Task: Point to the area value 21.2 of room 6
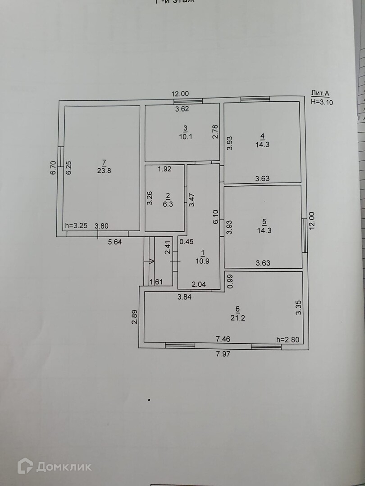point(237,316)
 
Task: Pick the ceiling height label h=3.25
point(75,226)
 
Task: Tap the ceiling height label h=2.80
point(287,340)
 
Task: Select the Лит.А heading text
point(320,94)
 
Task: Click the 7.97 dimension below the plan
point(224,354)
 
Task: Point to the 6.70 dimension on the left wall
point(53,168)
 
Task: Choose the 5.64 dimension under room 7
point(114,242)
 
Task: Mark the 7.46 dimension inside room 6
point(224,338)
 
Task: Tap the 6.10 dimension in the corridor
point(216,217)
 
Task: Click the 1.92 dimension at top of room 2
point(164,170)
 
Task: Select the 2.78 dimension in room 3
point(215,131)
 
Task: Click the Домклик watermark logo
point(55,466)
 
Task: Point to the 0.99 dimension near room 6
point(229,281)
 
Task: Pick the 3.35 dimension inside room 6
point(297,307)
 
